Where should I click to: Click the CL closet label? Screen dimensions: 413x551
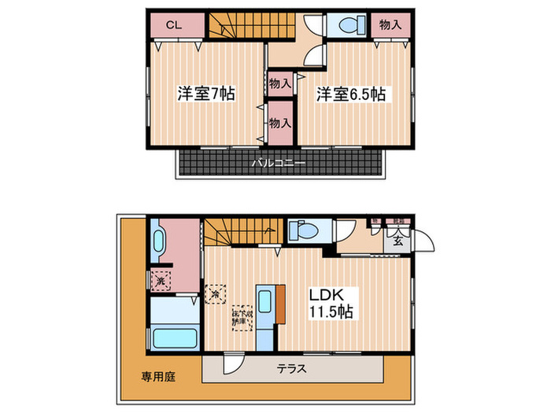(x=174, y=25)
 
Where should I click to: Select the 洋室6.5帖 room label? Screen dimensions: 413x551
(x=351, y=94)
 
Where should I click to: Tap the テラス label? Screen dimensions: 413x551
(x=292, y=368)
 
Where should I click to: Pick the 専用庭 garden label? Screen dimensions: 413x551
(x=159, y=377)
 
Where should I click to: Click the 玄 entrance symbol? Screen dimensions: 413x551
(x=398, y=241)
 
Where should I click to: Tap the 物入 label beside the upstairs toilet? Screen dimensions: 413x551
(x=390, y=25)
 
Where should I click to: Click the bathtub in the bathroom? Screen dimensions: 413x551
(x=174, y=339)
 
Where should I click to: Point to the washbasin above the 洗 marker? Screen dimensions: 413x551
(x=160, y=241)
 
